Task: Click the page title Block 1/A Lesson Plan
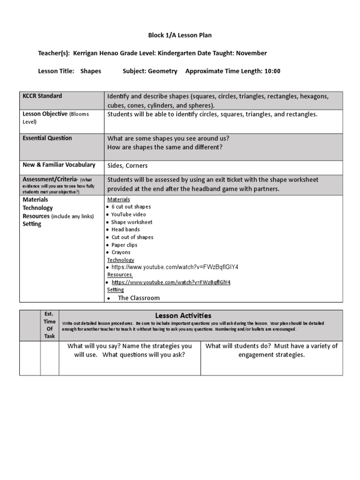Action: (176, 35)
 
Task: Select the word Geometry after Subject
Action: (163, 71)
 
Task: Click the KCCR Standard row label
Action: (42, 96)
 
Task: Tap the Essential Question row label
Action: (47, 138)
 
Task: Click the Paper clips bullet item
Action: (124, 245)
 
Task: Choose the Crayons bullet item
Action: (121, 252)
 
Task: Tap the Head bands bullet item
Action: (125, 230)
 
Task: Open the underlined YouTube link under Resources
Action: (171, 283)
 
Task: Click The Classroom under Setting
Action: (138, 298)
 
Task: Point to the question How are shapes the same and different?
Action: (165, 147)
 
